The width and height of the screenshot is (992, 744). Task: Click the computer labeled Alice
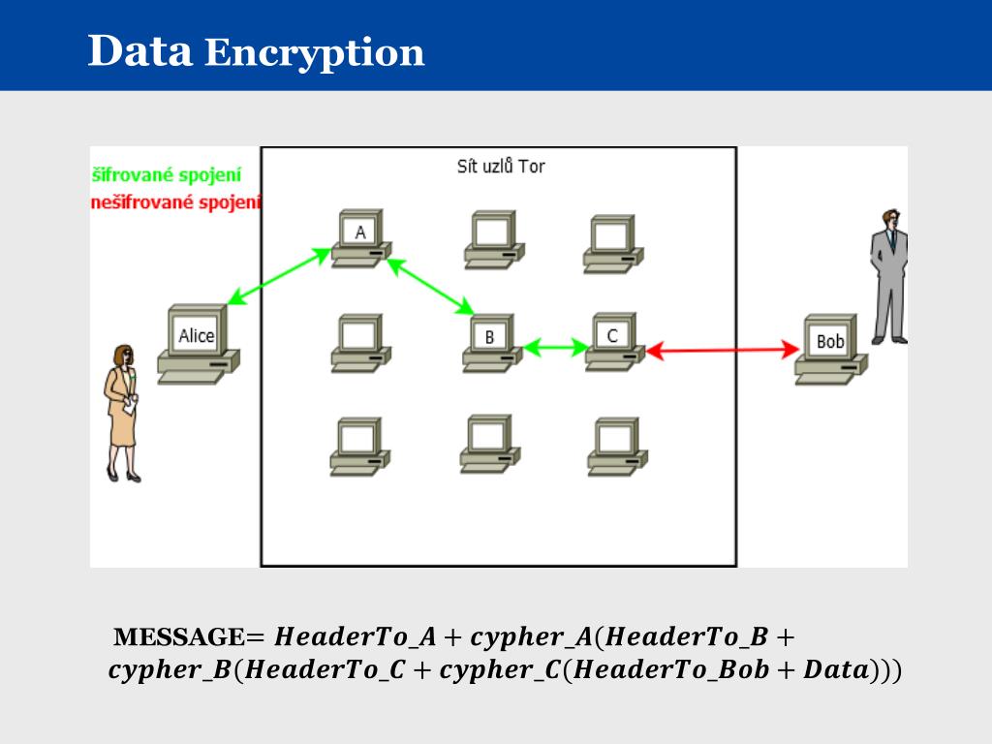tap(198, 344)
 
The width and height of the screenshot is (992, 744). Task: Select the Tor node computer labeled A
tap(360, 238)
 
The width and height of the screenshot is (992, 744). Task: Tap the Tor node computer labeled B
tap(491, 342)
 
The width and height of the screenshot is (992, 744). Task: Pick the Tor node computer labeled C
tap(613, 341)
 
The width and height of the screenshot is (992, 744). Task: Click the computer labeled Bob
tap(830, 348)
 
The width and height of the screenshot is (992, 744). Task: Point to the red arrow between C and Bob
tap(722, 350)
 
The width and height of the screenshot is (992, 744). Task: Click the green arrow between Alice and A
tap(279, 277)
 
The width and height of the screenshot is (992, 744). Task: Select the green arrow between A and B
tap(430, 286)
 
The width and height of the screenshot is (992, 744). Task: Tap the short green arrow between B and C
tap(556, 346)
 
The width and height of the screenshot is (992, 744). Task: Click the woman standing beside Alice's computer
tap(122, 412)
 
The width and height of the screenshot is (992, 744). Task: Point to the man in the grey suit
tap(888, 276)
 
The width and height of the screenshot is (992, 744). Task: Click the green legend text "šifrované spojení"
tap(167, 175)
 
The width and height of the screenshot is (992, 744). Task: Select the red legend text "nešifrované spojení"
tap(175, 202)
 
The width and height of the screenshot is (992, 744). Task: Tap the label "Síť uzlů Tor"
tap(501, 167)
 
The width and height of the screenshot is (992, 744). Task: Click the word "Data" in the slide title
tap(140, 50)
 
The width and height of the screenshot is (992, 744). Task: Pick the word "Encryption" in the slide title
tap(315, 52)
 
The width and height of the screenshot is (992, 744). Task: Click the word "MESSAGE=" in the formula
tap(189, 637)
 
